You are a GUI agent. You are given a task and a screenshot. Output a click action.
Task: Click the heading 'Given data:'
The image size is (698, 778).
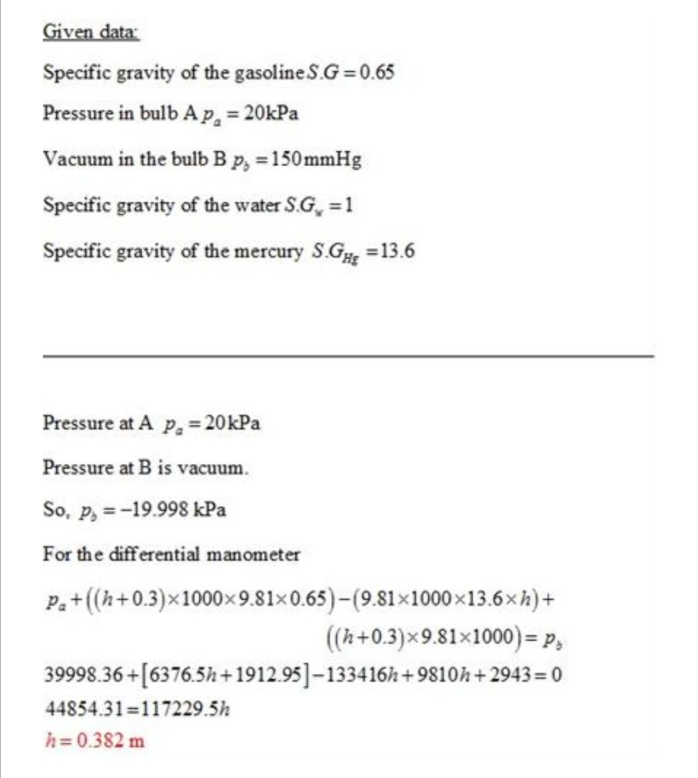pos(90,31)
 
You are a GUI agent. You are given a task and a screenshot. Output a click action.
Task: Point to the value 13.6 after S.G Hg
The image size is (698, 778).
pos(399,251)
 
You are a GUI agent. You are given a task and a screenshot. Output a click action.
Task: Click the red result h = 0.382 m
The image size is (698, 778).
pos(94,741)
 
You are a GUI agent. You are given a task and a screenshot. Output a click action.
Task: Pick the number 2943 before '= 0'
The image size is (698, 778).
pos(517,675)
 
